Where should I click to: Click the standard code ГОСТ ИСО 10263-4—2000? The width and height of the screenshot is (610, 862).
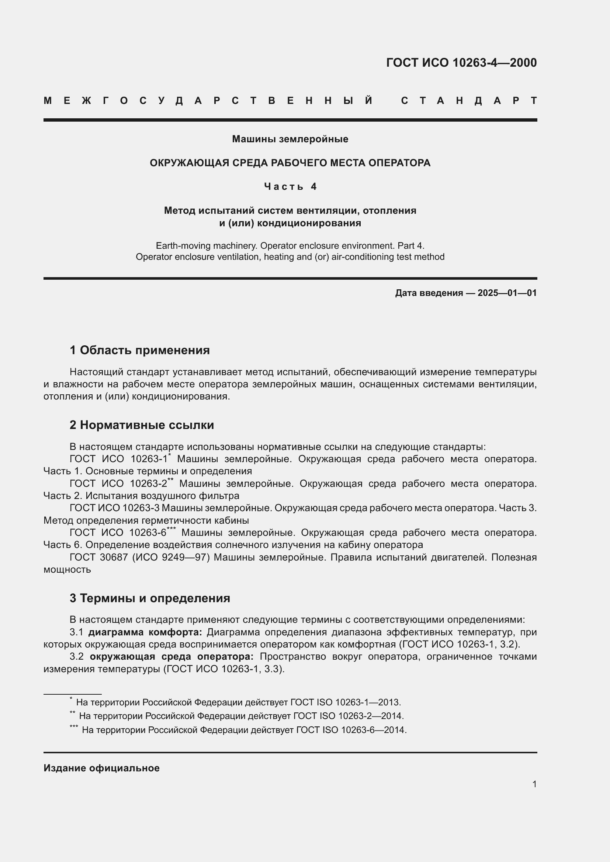coord(461,62)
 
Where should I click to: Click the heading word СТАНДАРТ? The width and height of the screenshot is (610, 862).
coord(469,101)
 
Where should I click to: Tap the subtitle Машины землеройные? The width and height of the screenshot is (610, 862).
coord(290,139)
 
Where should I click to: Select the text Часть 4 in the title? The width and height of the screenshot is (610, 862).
coord(290,186)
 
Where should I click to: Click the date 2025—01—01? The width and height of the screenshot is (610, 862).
coord(507,293)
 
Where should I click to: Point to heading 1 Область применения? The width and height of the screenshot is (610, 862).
coord(140,350)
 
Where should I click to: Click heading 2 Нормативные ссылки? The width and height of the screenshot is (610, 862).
coord(142,425)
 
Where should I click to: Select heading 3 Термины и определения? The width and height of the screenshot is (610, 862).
coord(150,598)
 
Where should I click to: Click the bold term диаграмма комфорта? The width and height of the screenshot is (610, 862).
coord(145,632)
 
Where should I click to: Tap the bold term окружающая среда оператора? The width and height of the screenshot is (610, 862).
coord(171,657)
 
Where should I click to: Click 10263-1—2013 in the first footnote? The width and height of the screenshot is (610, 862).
coord(367,702)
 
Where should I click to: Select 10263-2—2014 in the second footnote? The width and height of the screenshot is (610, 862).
coord(370,716)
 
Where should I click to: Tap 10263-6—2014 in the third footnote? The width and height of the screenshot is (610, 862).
coord(373,730)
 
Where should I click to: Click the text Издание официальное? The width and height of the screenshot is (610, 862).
coord(101,768)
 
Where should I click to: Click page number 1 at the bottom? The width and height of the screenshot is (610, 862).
coord(534,784)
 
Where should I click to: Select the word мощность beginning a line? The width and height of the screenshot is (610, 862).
coord(67,569)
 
